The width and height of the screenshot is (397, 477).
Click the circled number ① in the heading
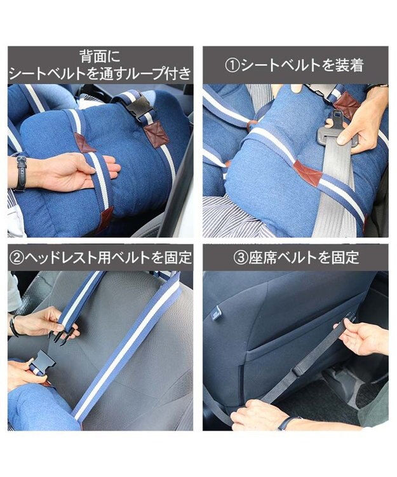click(232, 66)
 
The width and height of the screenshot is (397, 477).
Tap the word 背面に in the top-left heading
click(100, 57)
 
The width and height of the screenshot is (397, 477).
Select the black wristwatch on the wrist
click(21, 174)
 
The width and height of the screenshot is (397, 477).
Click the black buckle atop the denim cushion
click(140, 109)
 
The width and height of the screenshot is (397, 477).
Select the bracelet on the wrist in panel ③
click(287, 423)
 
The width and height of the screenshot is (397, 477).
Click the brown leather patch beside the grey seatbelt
click(307, 171)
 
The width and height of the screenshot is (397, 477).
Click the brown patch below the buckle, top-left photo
click(157, 134)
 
